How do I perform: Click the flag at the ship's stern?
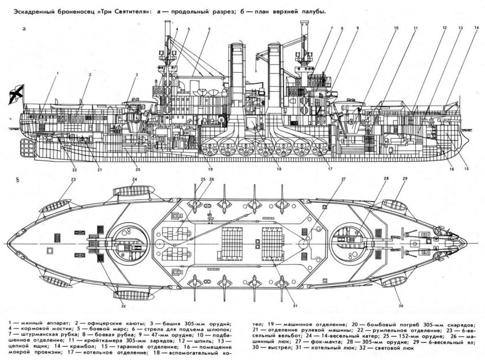pos(16,92)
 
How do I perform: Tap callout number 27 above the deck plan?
pos(343,180)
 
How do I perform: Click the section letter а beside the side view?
pos(24,28)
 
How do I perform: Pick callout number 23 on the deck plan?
pos(74,180)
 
